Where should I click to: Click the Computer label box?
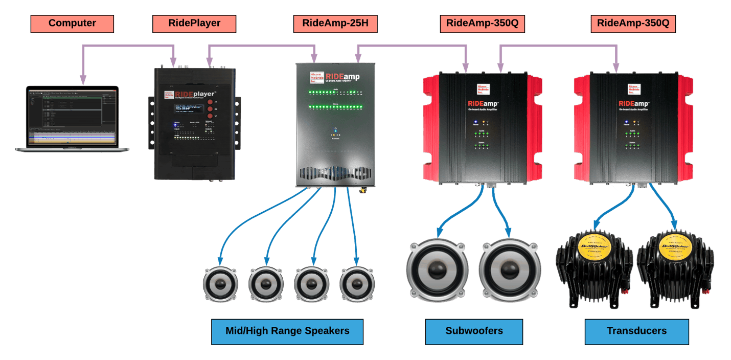pyautogui.click(x=72, y=24)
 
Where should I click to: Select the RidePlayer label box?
pyautogui.click(x=194, y=24)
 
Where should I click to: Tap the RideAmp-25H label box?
pyautogui.click(x=335, y=24)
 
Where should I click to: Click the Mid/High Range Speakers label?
pyautogui.click(x=287, y=331)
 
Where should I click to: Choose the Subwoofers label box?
pyautogui.click(x=474, y=331)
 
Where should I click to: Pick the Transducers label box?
pyautogui.click(x=636, y=331)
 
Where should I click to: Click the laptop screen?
pyautogui.click(x=72, y=117)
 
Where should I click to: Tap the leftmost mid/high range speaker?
pyautogui.click(x=220, y=284)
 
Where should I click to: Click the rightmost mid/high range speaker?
pyautogui.click(x=357, y=284)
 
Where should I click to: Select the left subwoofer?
pyautogui.click(x=437, y=269)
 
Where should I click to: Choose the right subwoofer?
pyautogui.click(x=510, y=269)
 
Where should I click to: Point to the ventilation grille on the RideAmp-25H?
pyautogui.click(x=335, y=174)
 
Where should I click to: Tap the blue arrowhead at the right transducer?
pyautogui.click(x=674, y=225)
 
